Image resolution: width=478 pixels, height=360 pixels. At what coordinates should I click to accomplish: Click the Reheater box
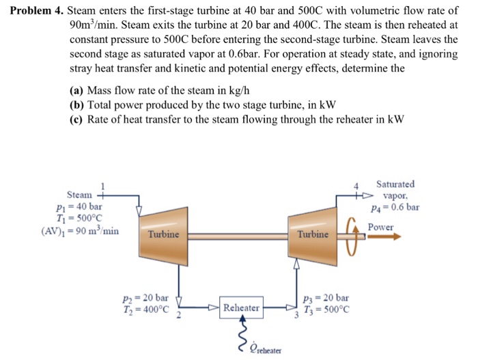(x=241, y=308)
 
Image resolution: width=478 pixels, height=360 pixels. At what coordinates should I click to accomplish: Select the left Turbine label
(x=164, y=234)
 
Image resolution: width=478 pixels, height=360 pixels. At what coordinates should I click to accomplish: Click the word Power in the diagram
(x=381, y=226)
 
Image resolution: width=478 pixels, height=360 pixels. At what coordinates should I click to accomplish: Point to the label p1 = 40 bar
(x=81, y=206)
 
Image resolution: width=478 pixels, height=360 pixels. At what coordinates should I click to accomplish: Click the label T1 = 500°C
(x=81, y=218)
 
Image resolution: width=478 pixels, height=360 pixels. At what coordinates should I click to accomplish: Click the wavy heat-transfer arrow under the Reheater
(x=240, y=334)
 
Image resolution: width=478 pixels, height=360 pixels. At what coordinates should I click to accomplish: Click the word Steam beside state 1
(x=79, y=195)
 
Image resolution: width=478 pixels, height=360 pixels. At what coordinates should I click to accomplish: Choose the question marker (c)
(x=76, y=118)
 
